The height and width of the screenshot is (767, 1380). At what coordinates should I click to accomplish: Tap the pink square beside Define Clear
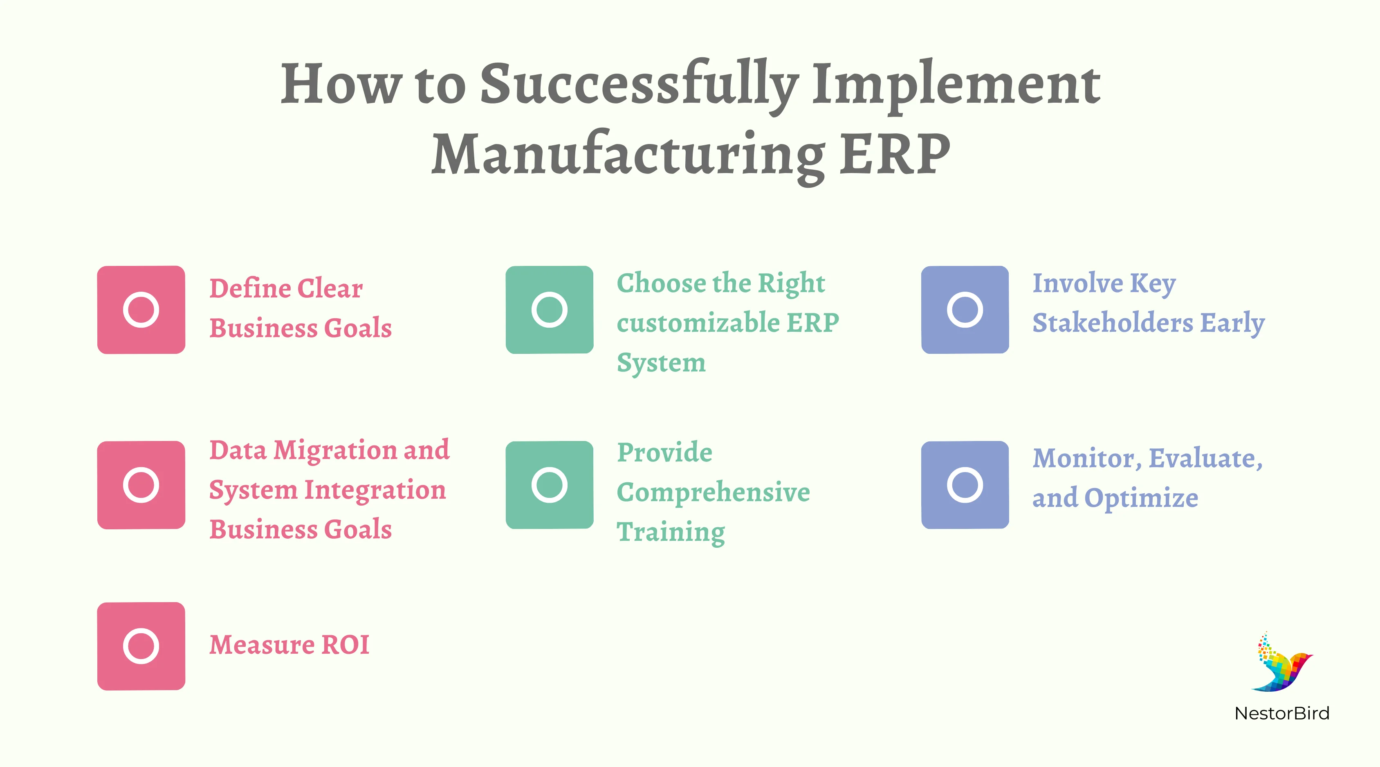click(x=141, y=310)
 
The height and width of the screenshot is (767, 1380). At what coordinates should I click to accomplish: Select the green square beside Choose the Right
click(x=549, y=310)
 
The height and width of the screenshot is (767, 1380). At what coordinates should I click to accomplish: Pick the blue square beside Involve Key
click(x=965, y=310)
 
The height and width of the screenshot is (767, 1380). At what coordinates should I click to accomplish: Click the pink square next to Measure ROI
click(x=141, y=646)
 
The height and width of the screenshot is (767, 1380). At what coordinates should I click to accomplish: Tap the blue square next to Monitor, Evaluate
click(x=965, y=485)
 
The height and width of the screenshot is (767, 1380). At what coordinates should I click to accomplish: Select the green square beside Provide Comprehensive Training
click(x=549, y=485)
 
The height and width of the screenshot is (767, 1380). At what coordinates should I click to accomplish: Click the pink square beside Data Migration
click(x=141, y=485)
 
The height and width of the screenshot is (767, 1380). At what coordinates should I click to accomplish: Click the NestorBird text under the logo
click(x=1281, y=713)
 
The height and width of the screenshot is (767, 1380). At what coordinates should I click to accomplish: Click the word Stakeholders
click(x=1112, y=323)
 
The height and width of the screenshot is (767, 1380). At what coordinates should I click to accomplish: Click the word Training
click(x=671, y=532)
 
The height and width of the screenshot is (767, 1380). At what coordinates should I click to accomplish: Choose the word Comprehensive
click(x=713, y=493)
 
